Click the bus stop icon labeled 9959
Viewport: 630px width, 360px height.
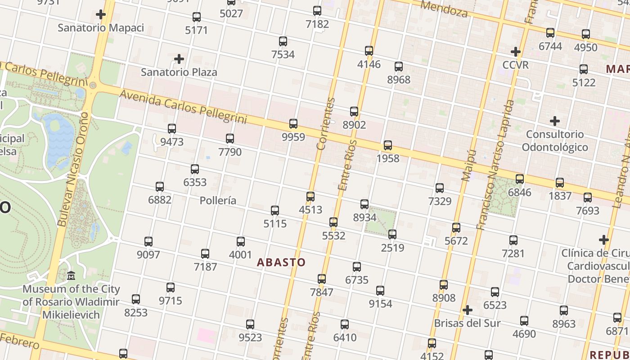[293, 123]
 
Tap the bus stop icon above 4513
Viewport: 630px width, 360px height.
[310, 197]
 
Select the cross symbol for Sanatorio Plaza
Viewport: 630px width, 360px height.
[179, 59]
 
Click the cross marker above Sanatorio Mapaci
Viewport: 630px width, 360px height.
[101, 14]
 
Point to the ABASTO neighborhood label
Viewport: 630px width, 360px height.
[281, 262]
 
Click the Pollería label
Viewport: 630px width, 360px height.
[218, 200]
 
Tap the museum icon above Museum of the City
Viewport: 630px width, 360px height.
[71, 275]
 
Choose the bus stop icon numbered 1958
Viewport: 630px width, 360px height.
[388, 145]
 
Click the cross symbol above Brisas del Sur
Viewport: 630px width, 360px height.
[468, 310]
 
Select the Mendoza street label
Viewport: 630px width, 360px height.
[445, 9]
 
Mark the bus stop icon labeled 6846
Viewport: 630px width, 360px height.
[520, 179]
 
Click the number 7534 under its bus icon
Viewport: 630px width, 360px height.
[283, 54]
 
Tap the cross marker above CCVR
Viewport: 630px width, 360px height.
[516, 52]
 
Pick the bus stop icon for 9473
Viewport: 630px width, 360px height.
[172, 129]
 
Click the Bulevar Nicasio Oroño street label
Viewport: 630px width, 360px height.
[72, 169]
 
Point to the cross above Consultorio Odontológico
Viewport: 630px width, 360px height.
[555, 121]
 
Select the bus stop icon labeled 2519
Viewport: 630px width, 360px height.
[392, 234]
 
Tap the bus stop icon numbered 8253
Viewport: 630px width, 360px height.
[136, 299]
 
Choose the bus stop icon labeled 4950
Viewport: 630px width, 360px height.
[586, 34]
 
